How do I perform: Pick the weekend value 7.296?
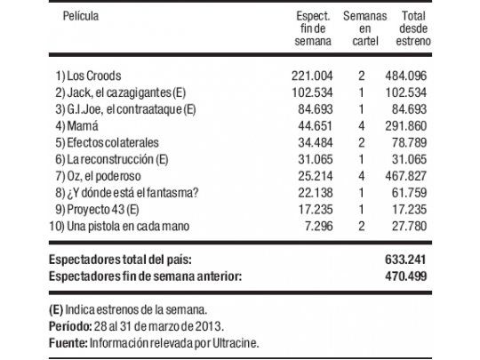click(x=312, y=227)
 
